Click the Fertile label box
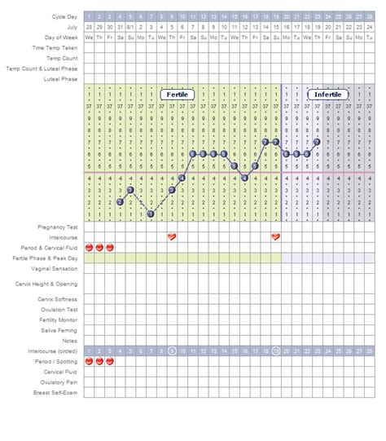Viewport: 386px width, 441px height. pos(178,95)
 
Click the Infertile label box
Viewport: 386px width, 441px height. pos(328,95)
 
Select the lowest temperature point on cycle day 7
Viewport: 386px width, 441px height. pos(151,214)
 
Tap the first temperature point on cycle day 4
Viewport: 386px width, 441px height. pos(120,201)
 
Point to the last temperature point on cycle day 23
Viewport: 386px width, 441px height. pos(318,142)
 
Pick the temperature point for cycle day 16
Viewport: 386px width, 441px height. pos(244,178)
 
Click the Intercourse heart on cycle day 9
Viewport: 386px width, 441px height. pos(172,236)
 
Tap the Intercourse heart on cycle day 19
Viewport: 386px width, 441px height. pos(276,236)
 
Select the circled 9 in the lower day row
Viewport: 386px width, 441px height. pos(172,351)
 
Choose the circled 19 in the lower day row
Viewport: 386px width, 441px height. pos(276,351)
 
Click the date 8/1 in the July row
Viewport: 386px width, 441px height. pos(141,27)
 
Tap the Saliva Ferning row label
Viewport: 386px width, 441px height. pos(59,330)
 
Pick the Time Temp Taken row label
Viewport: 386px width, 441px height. pos(55,48)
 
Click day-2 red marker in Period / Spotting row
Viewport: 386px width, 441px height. pos(99,360)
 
